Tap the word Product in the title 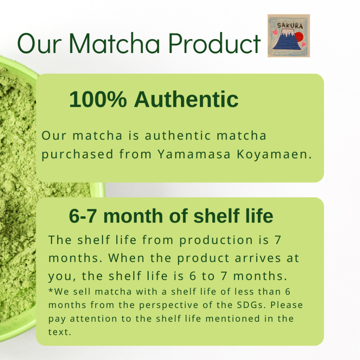[214, 43]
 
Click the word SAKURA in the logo [290, 25]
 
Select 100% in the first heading [98, 99]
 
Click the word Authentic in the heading [186, 99]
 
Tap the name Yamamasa [194, 154]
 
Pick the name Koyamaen [274, 154]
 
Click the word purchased [77, 155]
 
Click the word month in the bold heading [133, 216]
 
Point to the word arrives [258, 258]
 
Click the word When [126, 258]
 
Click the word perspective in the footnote [168, 306]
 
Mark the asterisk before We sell [51, 290]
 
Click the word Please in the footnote [287, 305]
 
